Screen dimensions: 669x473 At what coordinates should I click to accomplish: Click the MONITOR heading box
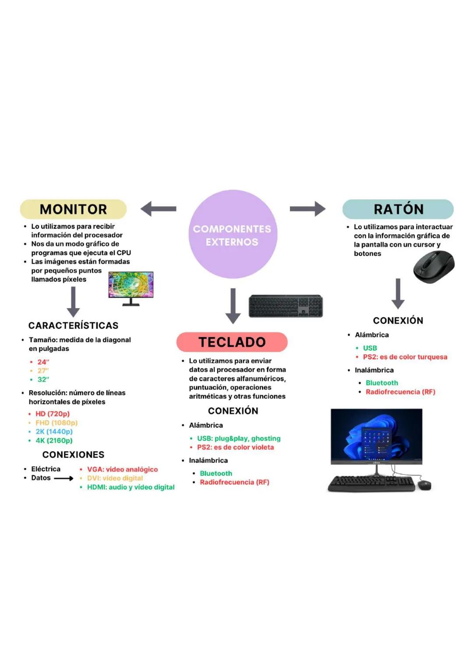[73, 209]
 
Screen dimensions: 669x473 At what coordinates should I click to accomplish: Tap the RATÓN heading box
[398, 209]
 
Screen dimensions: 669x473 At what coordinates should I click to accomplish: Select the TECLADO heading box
[232, 342]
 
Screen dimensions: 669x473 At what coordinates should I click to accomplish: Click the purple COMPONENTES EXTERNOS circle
[233, 235]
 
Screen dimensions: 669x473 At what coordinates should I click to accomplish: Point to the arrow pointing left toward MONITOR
[159, 209]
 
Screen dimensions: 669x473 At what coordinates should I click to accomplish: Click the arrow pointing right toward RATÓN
[307, 209]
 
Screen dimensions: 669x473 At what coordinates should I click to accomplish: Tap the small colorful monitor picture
[131, 285]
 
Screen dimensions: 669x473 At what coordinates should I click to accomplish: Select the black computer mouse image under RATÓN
[434, 267]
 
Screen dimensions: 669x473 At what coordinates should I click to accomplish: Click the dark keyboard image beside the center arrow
[286, 306]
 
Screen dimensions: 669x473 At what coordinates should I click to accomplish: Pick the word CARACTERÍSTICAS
[73, 325]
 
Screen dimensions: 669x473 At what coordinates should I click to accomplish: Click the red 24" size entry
[43, 362]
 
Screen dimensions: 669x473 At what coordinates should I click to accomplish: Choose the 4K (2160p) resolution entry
[54, 440]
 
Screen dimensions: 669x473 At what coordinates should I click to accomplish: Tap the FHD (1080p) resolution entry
[56, 423]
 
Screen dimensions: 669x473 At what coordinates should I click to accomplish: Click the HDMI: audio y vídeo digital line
[131, 487]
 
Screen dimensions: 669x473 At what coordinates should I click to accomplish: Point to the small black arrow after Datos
[64, 479]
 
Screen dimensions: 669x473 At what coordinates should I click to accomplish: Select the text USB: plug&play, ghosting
[239, 438]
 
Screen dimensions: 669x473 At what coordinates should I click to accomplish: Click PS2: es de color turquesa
[405, 357]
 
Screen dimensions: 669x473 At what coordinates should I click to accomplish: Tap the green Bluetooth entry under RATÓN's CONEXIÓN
[382, 383]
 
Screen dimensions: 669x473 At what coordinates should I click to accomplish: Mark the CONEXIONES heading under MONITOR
[73, 454]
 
